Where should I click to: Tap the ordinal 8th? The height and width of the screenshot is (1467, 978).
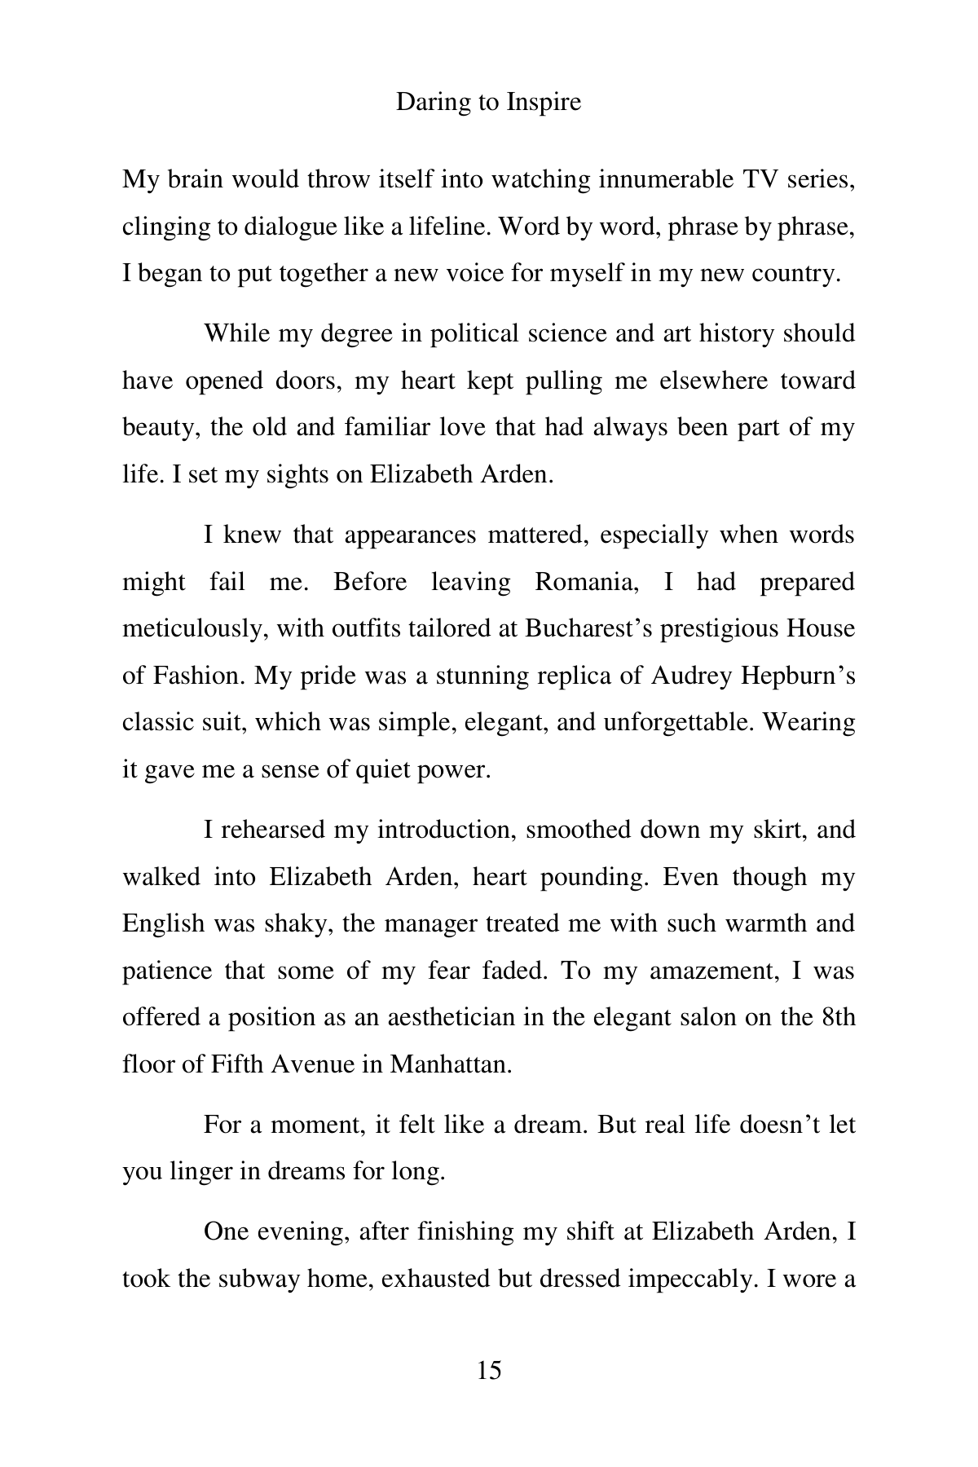[839, 1018]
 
